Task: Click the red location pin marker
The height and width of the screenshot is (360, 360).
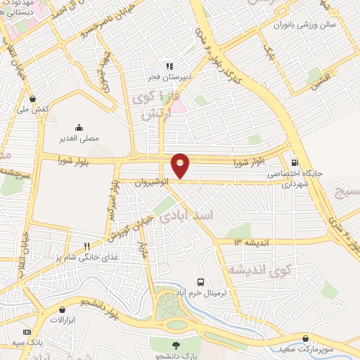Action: pos(181,165)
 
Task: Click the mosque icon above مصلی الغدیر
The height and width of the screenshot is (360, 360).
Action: pos(79,127)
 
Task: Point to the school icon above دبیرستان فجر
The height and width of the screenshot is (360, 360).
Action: pos(169,67)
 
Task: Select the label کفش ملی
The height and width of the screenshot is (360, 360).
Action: pos(32,110)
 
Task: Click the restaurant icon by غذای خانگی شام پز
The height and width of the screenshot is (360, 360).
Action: pos(87,246)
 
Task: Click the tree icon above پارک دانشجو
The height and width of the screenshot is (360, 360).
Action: pos(177,345)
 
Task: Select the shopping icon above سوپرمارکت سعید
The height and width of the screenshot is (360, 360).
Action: pos(304,337)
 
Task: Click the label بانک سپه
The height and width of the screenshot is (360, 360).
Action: pos(27,343)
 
